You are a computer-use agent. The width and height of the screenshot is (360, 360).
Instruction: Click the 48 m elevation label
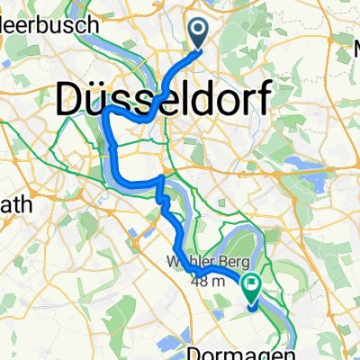point(206,280)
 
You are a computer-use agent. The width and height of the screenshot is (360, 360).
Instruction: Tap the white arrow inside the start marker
point(199,33)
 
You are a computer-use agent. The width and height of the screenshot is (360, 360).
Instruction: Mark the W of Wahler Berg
point(169,263)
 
